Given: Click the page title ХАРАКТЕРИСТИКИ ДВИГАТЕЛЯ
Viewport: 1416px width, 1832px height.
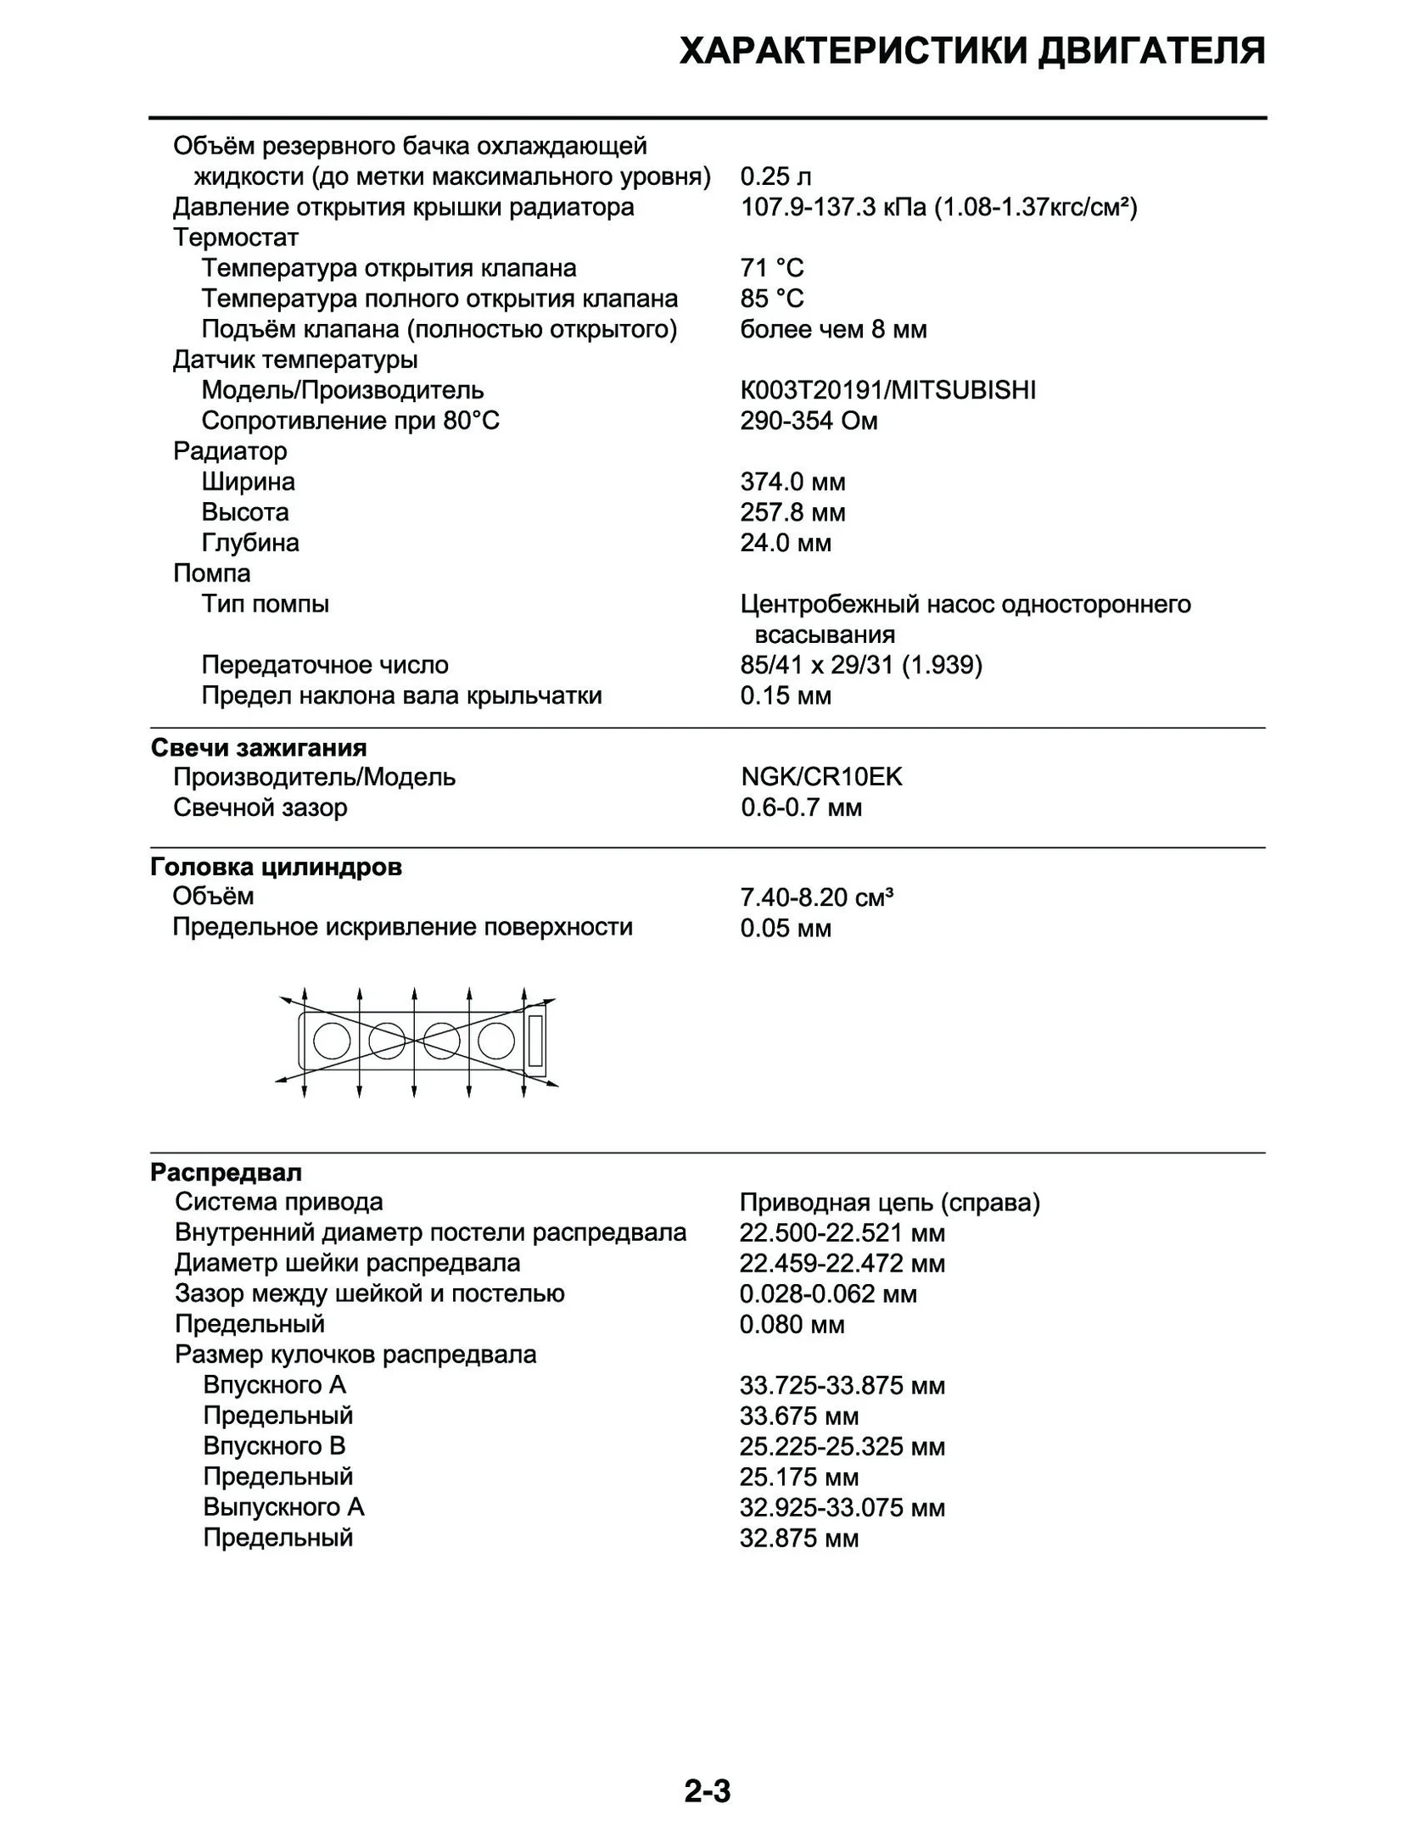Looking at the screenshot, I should (971, 52).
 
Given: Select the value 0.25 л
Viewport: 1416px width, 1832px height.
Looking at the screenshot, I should (775, 176).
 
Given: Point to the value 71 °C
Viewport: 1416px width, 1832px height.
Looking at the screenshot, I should (771, 268).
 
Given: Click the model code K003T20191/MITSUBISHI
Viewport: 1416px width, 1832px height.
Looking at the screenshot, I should (887, 390).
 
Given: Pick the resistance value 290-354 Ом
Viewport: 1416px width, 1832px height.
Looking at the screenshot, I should (809, 421).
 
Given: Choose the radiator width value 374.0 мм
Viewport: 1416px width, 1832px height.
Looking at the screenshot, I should (792, 482).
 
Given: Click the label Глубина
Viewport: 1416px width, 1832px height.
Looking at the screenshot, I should (250, 543).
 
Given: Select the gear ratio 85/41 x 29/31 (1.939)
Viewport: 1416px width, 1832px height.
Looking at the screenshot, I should (860, 665).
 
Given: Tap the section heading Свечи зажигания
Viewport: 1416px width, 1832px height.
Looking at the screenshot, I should (259, 747).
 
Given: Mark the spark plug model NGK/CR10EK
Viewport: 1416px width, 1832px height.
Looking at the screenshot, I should (821, 777).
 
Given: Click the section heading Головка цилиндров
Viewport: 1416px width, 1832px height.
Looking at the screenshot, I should (276, 867).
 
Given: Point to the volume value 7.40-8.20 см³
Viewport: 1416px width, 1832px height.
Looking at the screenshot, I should (816, 896).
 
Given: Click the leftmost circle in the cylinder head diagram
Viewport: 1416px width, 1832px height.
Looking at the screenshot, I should (331, 1040).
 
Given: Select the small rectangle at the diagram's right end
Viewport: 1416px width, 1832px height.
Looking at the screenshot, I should (535, 1040).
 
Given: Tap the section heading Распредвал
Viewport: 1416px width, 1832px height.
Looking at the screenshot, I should (226, 1172).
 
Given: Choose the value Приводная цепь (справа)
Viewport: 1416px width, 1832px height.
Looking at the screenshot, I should (889, 1203).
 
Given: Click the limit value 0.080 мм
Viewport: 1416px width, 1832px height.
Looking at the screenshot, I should (792, 1325).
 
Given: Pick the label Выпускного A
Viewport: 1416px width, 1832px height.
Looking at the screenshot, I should (283, 1507).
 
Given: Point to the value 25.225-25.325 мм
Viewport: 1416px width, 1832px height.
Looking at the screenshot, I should (842, 1446).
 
